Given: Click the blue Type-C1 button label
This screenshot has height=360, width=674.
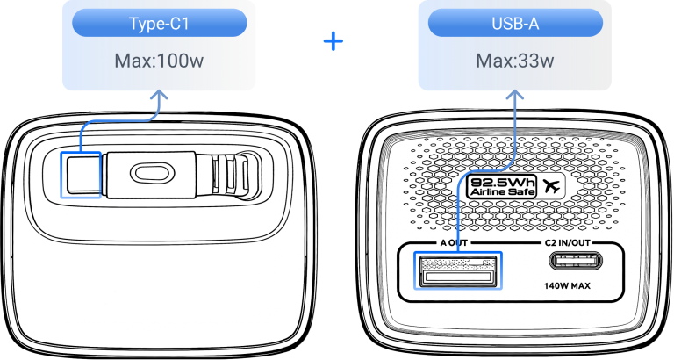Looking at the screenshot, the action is pyautogui.click(x=159, y=23).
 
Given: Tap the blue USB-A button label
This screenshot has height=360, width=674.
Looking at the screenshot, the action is pyautogui.click(x=515, y=23).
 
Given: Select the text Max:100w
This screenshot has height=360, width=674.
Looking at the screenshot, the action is pyautogui.click(x=159, y=61).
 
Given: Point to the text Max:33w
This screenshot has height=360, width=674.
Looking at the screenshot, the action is pyautogui.click(x=515, y=61).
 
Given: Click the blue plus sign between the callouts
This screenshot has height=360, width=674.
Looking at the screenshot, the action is pyautogui.click(x=333, y=41).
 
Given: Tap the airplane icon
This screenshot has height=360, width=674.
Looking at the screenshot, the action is pyautogui.click(x=551, y=186).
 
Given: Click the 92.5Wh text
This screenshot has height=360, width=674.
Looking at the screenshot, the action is pyautogui.click(x=502, y=182).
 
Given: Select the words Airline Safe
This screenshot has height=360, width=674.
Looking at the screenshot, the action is pyautogui.click(x=502, y=192).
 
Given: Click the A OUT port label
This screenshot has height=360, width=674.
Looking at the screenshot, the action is pyautogui.click(x=454, y=243).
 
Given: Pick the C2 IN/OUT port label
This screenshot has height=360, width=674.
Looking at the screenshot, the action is pyautogui.click(x=568, y=243).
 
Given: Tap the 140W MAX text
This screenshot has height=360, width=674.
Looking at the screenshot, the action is pyautogui.click(x=567, y=285).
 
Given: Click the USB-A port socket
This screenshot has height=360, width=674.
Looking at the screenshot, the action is pyautogui.click(x=458, y=270).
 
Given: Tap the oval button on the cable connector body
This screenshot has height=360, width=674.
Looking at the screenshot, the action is pyautogui.click(x=153, y=174).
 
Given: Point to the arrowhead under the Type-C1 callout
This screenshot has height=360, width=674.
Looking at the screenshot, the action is pyautogui.click(x=160, y=95).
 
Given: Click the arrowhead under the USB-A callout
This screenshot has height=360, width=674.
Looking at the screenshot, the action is pyautogui.click(x=515, y=95).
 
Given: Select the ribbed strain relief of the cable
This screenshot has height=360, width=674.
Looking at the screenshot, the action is pyautogui.click(x=229, y=176).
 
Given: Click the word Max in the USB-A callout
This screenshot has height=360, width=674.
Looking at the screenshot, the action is pyautogui.click(x=493, y=61).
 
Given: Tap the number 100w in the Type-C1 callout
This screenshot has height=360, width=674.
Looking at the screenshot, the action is pyautogui.click(x=181, y=61).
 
